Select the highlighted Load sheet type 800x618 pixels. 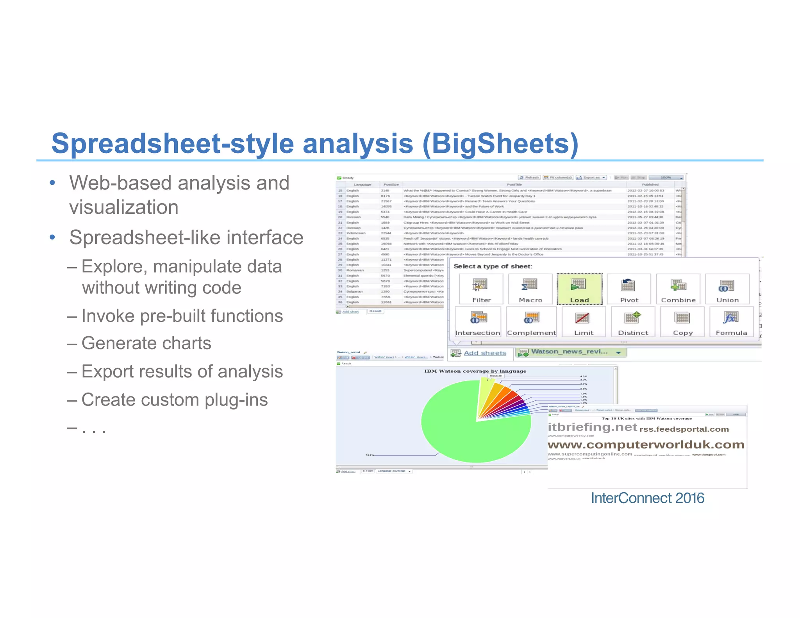click(x=579, y=289)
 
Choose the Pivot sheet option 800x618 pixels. click(x=629, y=289)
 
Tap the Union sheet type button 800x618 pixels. click(x=727, y=289)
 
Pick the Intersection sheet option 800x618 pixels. click(x=478, y=322)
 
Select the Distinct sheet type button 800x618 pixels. click(x=633, y=322)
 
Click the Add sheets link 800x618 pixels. click(x=485, y=353)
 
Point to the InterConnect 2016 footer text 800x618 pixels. click(x=647, y=498)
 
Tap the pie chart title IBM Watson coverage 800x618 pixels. click(x=475, y=371)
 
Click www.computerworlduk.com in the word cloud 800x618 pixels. click(x=646, y=445)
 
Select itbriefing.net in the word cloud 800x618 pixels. click(x=592, y=427)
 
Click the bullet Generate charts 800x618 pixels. click(x=146, y=343)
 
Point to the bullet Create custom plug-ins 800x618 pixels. click(x=174, y=400)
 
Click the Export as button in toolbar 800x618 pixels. click(x=591, y=177)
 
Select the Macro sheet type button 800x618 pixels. click(x=530, y=289)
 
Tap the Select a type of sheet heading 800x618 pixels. click(x=493, y=266)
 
